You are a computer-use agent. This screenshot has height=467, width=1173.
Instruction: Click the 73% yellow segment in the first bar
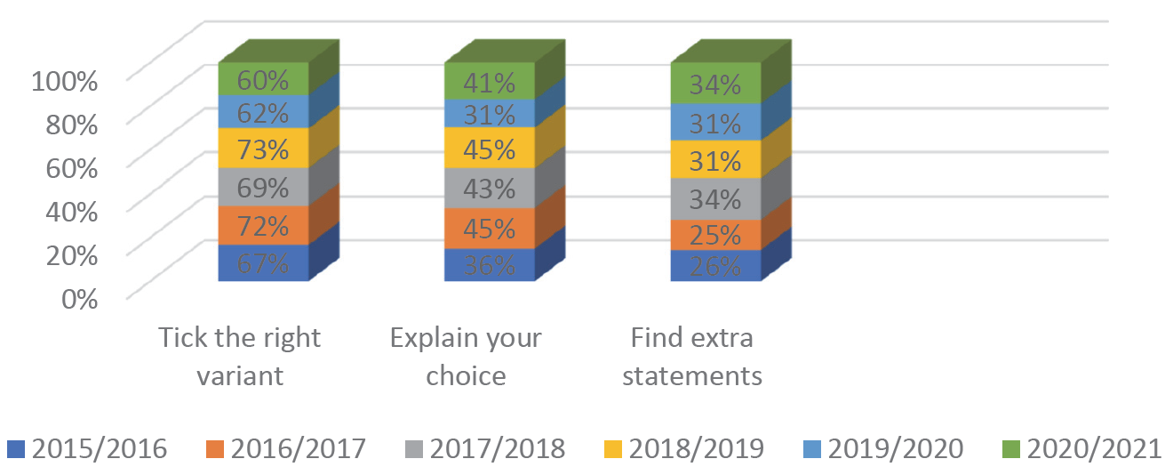(x=263, y=149)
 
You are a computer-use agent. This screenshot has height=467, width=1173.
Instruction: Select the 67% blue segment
(x=263, y=263)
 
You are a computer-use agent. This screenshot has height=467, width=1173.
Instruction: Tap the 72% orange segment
(x=263, y=225)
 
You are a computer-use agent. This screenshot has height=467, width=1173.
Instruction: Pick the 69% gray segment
(x=263, y=187)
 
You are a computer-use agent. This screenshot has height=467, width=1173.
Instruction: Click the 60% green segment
(x=263, y=80)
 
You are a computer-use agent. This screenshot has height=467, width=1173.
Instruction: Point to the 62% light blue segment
(x=263, y=112)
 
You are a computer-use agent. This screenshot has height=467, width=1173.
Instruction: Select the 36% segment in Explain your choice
(x=490, y=265)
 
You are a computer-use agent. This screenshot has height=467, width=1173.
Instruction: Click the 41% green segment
(x=490, y=82)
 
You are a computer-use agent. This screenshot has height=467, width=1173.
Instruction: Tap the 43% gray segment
(x=490, y=189)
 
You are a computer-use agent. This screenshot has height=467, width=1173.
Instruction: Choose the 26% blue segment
(x=716, y=266)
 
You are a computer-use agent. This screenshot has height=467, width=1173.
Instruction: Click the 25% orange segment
(x=716, y=235)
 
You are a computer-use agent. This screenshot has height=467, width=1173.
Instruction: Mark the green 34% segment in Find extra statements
(x=716, y=84)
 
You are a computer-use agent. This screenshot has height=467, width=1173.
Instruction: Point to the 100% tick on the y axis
(x=64, y=82)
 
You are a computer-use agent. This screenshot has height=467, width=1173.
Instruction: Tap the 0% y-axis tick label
(x=78, y=298)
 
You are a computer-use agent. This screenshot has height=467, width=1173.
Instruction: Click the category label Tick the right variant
(x=239, y=357)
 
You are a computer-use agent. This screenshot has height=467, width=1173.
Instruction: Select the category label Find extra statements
(x=692, y=357)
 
